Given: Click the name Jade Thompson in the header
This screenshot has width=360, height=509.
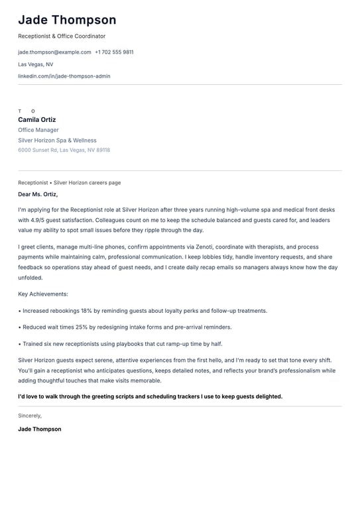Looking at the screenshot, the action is point(67,20).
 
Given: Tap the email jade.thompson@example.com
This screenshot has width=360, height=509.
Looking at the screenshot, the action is point(54,52).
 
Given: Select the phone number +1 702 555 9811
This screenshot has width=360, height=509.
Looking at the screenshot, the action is point(114,52).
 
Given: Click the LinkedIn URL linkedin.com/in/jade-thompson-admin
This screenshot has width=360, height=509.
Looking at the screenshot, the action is point(64,76).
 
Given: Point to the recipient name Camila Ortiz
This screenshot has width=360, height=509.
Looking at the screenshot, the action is point(37,120).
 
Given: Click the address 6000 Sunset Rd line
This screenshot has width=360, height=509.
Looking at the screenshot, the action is point(64,150).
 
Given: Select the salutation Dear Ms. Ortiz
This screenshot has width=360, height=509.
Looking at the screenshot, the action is point(38,194).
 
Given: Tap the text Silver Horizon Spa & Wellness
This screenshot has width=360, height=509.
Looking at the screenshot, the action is point(57,141).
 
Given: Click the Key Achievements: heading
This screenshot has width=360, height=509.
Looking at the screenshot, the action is point(43,294).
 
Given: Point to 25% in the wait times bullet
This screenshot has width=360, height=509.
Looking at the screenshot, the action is point(81,327).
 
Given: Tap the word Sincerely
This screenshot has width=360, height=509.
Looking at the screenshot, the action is point(30,416).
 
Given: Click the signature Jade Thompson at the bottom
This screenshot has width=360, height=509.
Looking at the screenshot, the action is point(40,429).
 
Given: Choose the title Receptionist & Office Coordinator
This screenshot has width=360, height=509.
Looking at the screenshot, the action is point(62,36).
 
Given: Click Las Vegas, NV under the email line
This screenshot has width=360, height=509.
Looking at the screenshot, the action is point(36,64).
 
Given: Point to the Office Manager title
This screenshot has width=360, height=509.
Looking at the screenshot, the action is point(38,131).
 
